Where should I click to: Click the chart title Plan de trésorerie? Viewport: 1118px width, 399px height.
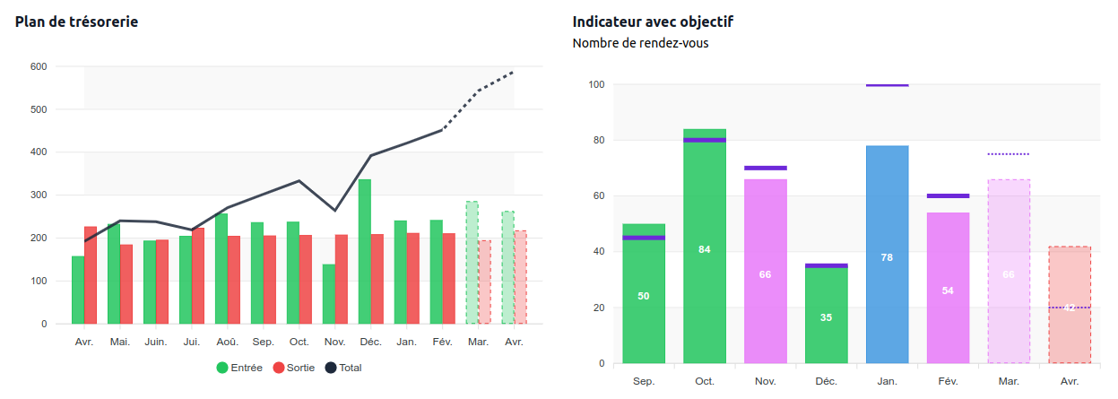pyautogui.click(x=76, y=22)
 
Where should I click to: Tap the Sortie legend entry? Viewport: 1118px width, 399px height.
pyautogui.click(x=294, y=368)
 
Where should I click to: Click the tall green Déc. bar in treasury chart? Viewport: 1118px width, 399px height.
pyautogui.click(x=365, y=252)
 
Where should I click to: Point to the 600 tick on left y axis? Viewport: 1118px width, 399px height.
pyautogui.click(x=38, y=66)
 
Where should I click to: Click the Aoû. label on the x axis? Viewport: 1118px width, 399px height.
pyautogui.click(x=227, y=342)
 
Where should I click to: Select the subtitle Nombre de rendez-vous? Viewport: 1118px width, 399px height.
pyautogui.click(x=640, y=43)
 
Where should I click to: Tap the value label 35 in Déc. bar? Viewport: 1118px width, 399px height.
pyautogui.click(x=826, y=317)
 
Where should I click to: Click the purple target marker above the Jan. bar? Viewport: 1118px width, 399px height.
pyautogui.click(x=887, y=85)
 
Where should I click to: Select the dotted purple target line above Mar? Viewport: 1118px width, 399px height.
pyautogui.click(x=1009, y=154)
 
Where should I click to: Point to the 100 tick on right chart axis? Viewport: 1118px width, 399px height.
pyautogui.click(x=596, y=85)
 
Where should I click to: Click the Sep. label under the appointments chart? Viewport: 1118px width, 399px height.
pyautogui.click(x=644, y=381)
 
